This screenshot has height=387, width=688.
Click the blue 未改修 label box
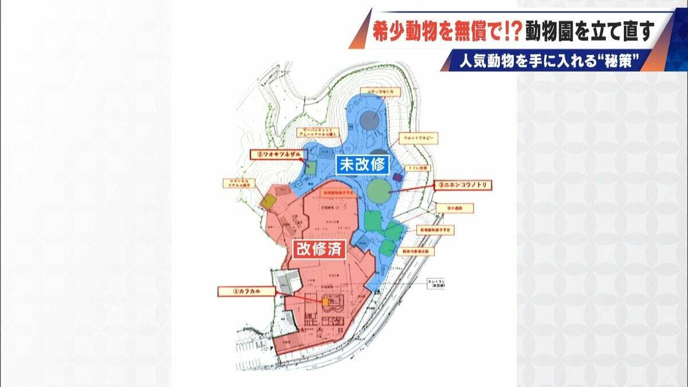coord(363,165)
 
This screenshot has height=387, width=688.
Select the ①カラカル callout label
coord(247,291)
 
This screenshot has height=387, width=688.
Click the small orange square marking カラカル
coord(326,302)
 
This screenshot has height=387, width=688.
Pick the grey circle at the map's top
coord(370,120)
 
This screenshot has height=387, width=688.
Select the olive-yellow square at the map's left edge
coord(269,201)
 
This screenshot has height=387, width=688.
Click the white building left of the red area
coord(287,282)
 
